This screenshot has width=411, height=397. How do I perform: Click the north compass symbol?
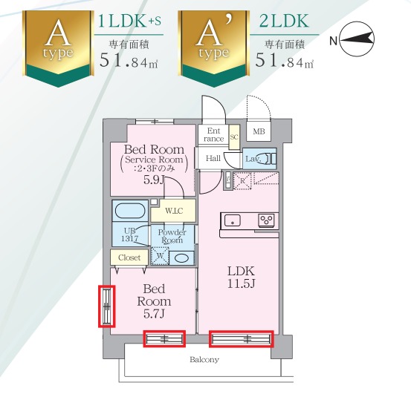pos(357,39)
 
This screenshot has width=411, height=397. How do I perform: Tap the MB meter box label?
pos(259,131)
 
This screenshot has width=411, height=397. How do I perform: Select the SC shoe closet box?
pos(234,137)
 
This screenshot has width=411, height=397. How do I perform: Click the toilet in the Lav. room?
pos(268,159)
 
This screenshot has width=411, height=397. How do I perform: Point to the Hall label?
pos(213,158)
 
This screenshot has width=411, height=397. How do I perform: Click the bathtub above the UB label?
pos(130,211)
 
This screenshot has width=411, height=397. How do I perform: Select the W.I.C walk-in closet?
pos(173,211)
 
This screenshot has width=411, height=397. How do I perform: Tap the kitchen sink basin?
pos(233,221)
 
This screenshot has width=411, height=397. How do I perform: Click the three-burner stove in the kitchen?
pos(267,220)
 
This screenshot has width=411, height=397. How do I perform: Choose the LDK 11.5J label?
pos(241,277)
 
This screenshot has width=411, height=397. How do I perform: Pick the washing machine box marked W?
pos(160,256)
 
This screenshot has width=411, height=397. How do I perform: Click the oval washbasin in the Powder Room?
pos(181,258)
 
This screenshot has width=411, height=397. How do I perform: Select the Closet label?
pos(129,257)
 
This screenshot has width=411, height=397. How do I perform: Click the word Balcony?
pos(204,360)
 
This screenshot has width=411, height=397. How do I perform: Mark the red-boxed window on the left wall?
pos(107,306)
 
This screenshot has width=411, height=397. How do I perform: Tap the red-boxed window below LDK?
pos(241,339)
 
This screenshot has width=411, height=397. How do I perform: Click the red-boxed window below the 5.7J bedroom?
pos(164,338)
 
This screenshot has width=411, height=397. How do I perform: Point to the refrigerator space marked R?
pos(242,180)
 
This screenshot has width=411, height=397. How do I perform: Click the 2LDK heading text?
pos(284,22)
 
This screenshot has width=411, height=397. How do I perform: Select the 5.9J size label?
pos(154,180)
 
